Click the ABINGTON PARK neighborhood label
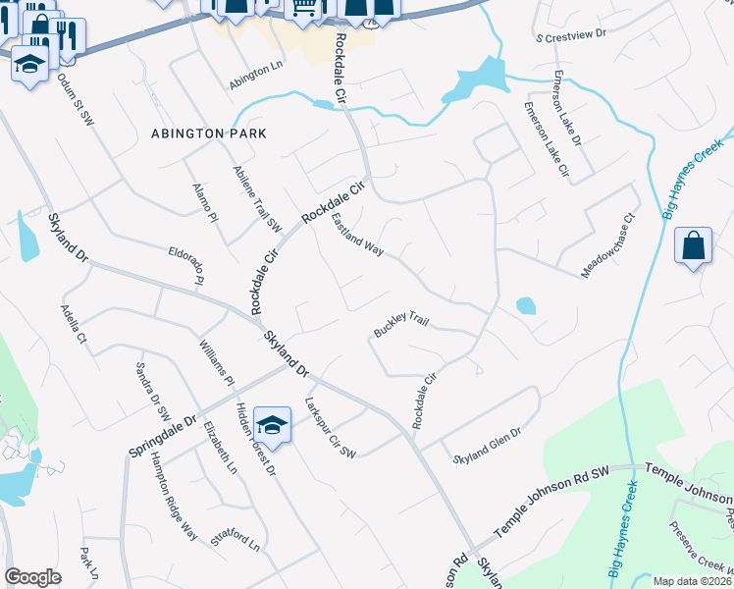209,133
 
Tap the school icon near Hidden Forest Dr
272,425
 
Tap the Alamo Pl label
204,203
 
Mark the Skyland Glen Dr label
487,444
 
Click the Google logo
32,577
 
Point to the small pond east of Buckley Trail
526,305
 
